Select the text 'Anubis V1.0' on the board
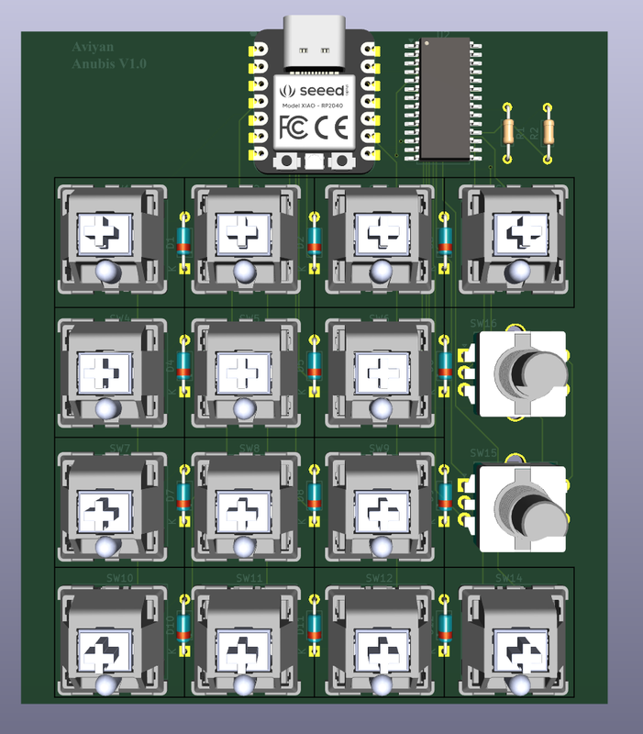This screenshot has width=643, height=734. (x=108, y=63)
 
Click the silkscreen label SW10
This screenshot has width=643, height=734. (x=120, y=578)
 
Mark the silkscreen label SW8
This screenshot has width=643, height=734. (x=249, y=449)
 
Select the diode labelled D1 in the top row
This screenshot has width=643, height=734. (x=183, y=243)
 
